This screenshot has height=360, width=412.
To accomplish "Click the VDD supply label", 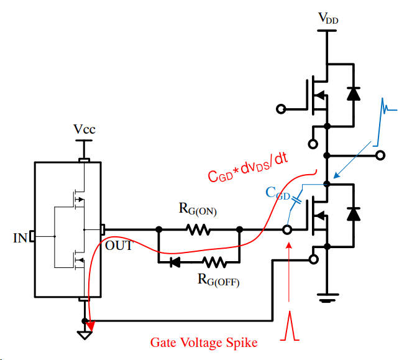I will click(x=329, y=18).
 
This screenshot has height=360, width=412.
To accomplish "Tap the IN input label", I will click(x=21, y=237).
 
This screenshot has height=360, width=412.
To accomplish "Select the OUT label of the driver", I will click(x=119, y=246).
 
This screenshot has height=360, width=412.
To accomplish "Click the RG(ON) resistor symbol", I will click(x=199, y=230).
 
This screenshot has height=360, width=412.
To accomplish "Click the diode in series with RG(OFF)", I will click(x=175, y=262).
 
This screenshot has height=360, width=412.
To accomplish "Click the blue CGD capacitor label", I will click(x=278, y=193).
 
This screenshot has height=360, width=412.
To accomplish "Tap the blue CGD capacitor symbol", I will click(x=296, y=201).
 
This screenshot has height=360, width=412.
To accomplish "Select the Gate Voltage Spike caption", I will click(x=203, y=343).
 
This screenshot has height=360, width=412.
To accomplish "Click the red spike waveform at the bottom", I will click(x=290, y=326).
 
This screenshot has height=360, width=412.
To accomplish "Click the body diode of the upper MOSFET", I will click(x=354, y=93).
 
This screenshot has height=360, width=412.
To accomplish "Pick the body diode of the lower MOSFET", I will click(x=354, y=213).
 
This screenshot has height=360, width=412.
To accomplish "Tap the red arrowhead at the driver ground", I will click(x=91, y=325).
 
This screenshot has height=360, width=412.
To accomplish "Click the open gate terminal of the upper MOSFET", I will click(x=281, y=109).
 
